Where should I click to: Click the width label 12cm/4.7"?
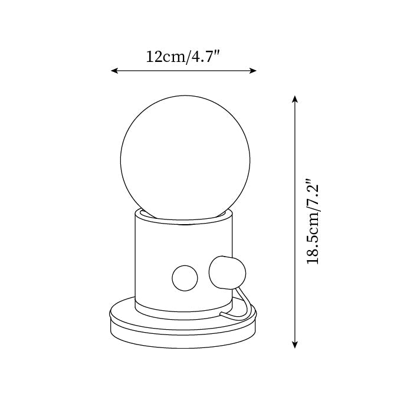(x=183, y=57)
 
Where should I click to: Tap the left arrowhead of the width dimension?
(x=114, y=71)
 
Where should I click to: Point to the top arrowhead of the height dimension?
(x=295, y=98)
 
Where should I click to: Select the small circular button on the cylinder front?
(x=184, y=277)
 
